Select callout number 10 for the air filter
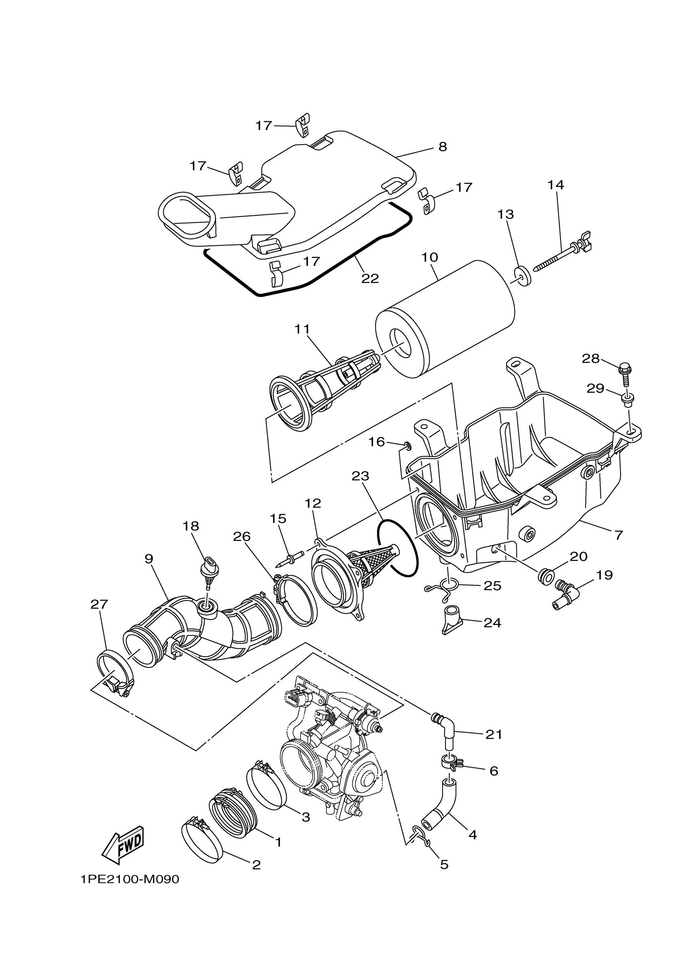(x=430, y=258)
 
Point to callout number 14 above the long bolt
(x=556, y=185)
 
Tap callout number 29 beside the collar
(x=595, y=388)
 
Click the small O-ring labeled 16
(x=407, y=446)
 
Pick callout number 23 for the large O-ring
(x=360, y=476)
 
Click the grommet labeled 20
(x=546, y=576)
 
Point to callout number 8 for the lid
(x=443, y=147)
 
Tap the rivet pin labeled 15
(x=289, y=559)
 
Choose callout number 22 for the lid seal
(x=370, y=278)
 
